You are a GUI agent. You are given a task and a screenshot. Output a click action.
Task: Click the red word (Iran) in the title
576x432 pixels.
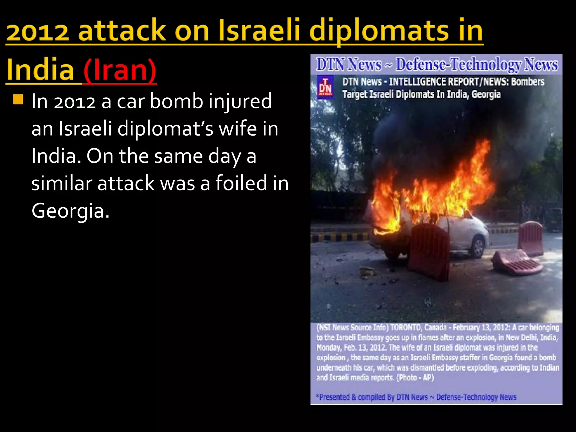click(120, 70)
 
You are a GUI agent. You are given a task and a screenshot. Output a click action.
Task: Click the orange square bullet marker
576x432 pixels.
click(18, 99)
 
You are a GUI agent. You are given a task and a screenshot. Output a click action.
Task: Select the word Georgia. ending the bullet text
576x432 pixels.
click(70, 211)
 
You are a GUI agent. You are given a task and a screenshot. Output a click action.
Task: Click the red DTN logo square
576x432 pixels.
click(325, 87)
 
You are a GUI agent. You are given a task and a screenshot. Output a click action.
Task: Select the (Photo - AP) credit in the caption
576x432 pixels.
click(415, 377)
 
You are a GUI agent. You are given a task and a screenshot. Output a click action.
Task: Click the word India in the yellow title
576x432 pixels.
click(40, 70)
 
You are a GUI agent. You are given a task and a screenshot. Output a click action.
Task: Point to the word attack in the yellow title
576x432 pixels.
click(121, 30)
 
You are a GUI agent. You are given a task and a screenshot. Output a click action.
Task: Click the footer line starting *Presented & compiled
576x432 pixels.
click(416, 397)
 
